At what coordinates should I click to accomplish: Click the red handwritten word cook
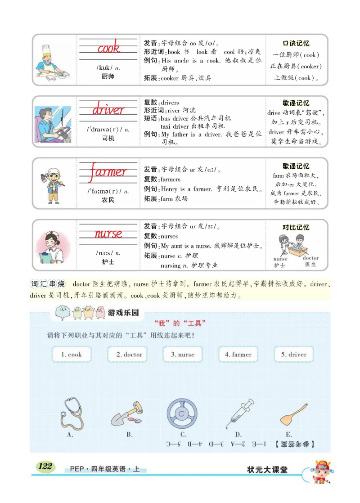coord(108,47)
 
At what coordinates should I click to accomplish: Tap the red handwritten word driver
coord(108,109)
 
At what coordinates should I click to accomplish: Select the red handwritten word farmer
coord(108,172)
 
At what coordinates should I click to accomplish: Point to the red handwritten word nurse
coord(108,234)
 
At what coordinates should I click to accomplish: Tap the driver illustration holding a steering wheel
coord(53,122)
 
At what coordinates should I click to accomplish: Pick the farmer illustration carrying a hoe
coord(53,184)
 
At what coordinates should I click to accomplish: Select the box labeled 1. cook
coord(72,355)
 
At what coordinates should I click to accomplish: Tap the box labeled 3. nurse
coord(183,355)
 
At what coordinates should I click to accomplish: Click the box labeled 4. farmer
coord(238,355)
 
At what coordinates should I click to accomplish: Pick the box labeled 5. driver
coord(293,355)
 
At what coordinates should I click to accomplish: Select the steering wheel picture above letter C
coord(182,413)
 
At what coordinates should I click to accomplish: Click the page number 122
coord(45,466)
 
